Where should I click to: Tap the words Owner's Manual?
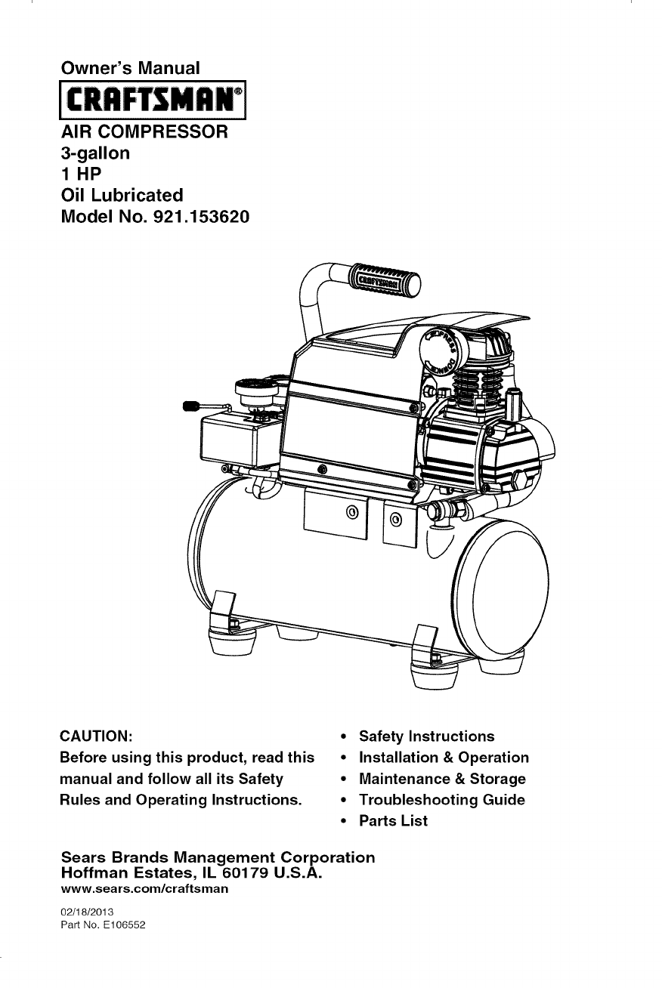tap(131, 68)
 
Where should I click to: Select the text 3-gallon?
tap(95, 153)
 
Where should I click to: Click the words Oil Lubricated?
tap(122, 196)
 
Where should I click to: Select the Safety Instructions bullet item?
tap(426, 736)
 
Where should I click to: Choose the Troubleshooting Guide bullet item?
tap(441, 800)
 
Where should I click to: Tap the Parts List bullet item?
tap(393, 821)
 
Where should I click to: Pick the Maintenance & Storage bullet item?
tap(442, 779)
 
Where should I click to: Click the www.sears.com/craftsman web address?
tap(144, 890)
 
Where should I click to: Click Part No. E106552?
tap(98, 925)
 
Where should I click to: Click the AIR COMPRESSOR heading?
tap(144, 132)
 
